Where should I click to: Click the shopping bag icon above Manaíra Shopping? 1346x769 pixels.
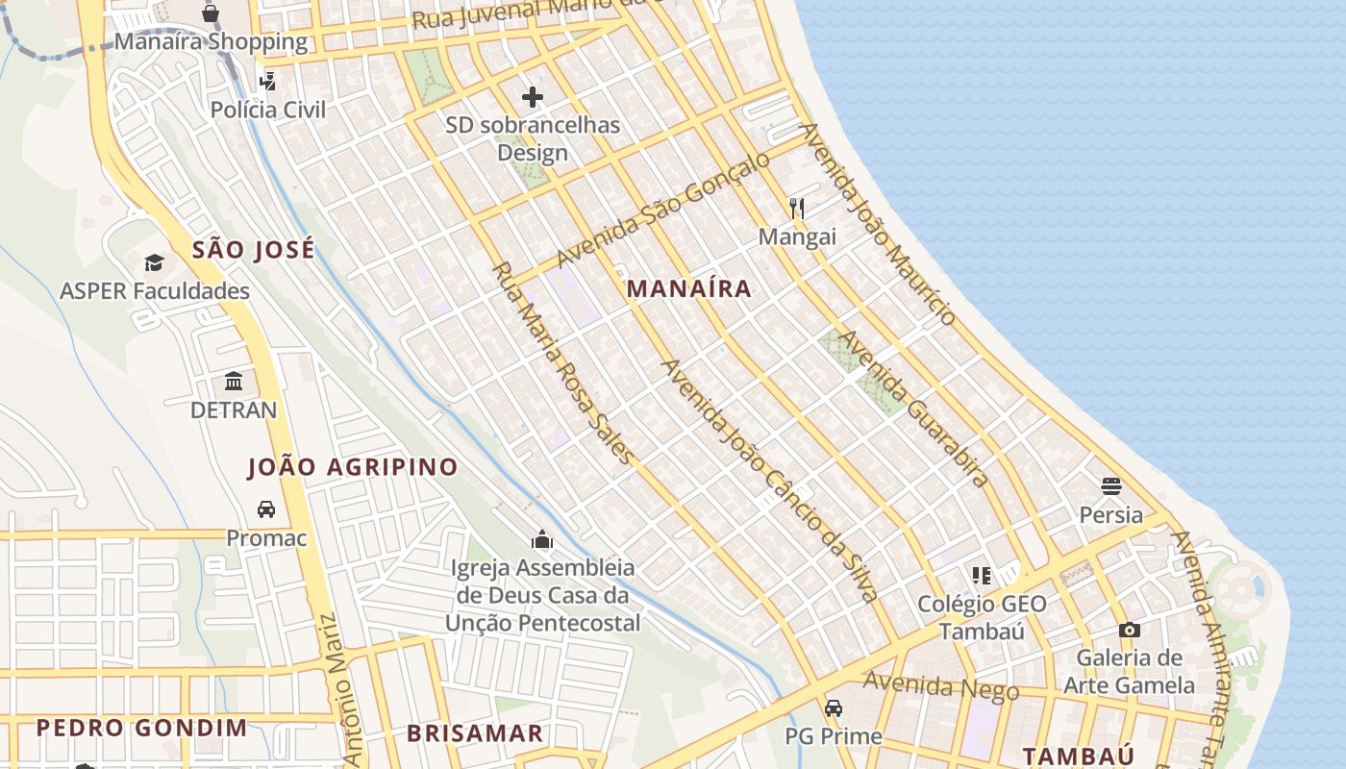point(211,13)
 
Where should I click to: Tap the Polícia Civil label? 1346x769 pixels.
point(268,110)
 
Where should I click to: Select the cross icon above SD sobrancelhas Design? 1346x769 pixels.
point(533,97)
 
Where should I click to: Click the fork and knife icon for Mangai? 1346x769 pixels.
point(797,208)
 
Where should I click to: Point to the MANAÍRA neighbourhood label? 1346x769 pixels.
point(688,288)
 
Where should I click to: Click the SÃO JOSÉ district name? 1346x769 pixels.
point(253,251)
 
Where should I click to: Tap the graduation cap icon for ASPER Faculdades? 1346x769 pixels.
point(155,263)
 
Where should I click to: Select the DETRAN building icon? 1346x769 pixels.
point(234,382)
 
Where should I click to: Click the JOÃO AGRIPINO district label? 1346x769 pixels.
point(353,467)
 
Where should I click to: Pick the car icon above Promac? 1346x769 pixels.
point(266,509)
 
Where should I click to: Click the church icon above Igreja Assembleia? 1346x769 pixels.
point(542,539)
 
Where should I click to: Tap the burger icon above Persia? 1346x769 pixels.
point(1111,485)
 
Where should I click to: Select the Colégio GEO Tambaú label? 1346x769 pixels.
point(982,617)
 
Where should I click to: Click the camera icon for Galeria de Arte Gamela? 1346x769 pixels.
point(1130,631)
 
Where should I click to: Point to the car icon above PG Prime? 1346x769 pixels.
point(834,708)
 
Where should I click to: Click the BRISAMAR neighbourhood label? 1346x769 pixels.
point(475,733)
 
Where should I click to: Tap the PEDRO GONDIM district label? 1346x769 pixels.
point(142,728)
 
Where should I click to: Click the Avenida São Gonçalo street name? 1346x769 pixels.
point(663,209)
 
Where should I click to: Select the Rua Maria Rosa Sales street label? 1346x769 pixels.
point(563,362)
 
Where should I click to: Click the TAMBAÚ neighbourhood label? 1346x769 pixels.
point(1078,756)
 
